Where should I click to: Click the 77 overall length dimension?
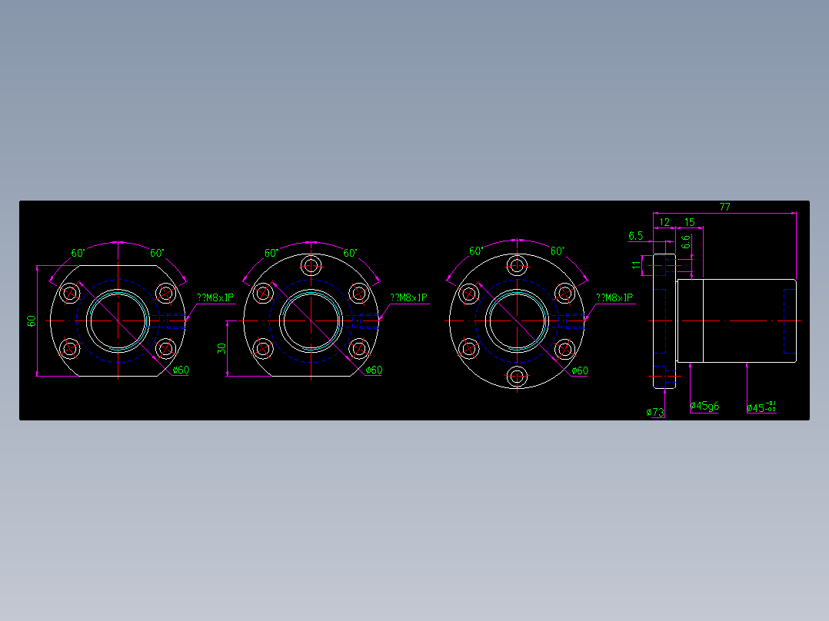724,207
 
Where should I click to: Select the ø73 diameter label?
655,413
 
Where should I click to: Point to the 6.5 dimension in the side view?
635,236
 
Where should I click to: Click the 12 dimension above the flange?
664,222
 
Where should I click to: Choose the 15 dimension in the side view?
689,222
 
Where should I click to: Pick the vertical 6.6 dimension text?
685,243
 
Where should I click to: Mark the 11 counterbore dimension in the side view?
635,265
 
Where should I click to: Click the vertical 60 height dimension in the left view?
32,321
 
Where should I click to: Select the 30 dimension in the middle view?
221,348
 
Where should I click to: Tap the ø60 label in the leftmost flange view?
181,370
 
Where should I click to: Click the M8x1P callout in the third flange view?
615,297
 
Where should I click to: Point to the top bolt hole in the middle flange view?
311,266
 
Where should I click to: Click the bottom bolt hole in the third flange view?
517,377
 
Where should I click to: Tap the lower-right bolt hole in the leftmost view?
165,349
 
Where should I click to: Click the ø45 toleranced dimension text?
761,407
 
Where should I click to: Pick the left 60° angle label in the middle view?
271,252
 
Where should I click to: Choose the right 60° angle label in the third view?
558,251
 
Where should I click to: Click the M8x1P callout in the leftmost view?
215,297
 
